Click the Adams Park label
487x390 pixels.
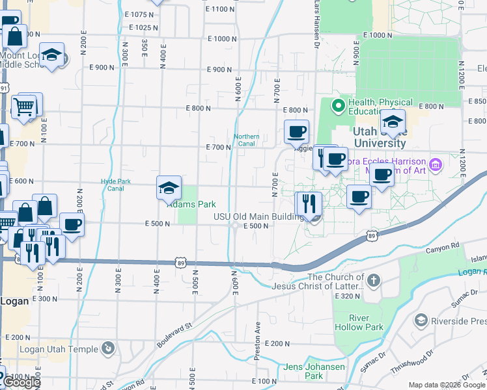pos(191,204)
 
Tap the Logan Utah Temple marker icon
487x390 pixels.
pos(109,349)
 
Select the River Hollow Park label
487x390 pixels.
pos(359,322)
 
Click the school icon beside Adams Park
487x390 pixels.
pos(169,188)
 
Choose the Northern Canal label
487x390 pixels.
pos(247,140)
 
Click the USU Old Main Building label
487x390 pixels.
pos(259,216)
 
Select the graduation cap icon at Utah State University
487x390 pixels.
pos(393,122)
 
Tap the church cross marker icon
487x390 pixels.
pos(372,281)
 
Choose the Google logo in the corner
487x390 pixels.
pos(21,382)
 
